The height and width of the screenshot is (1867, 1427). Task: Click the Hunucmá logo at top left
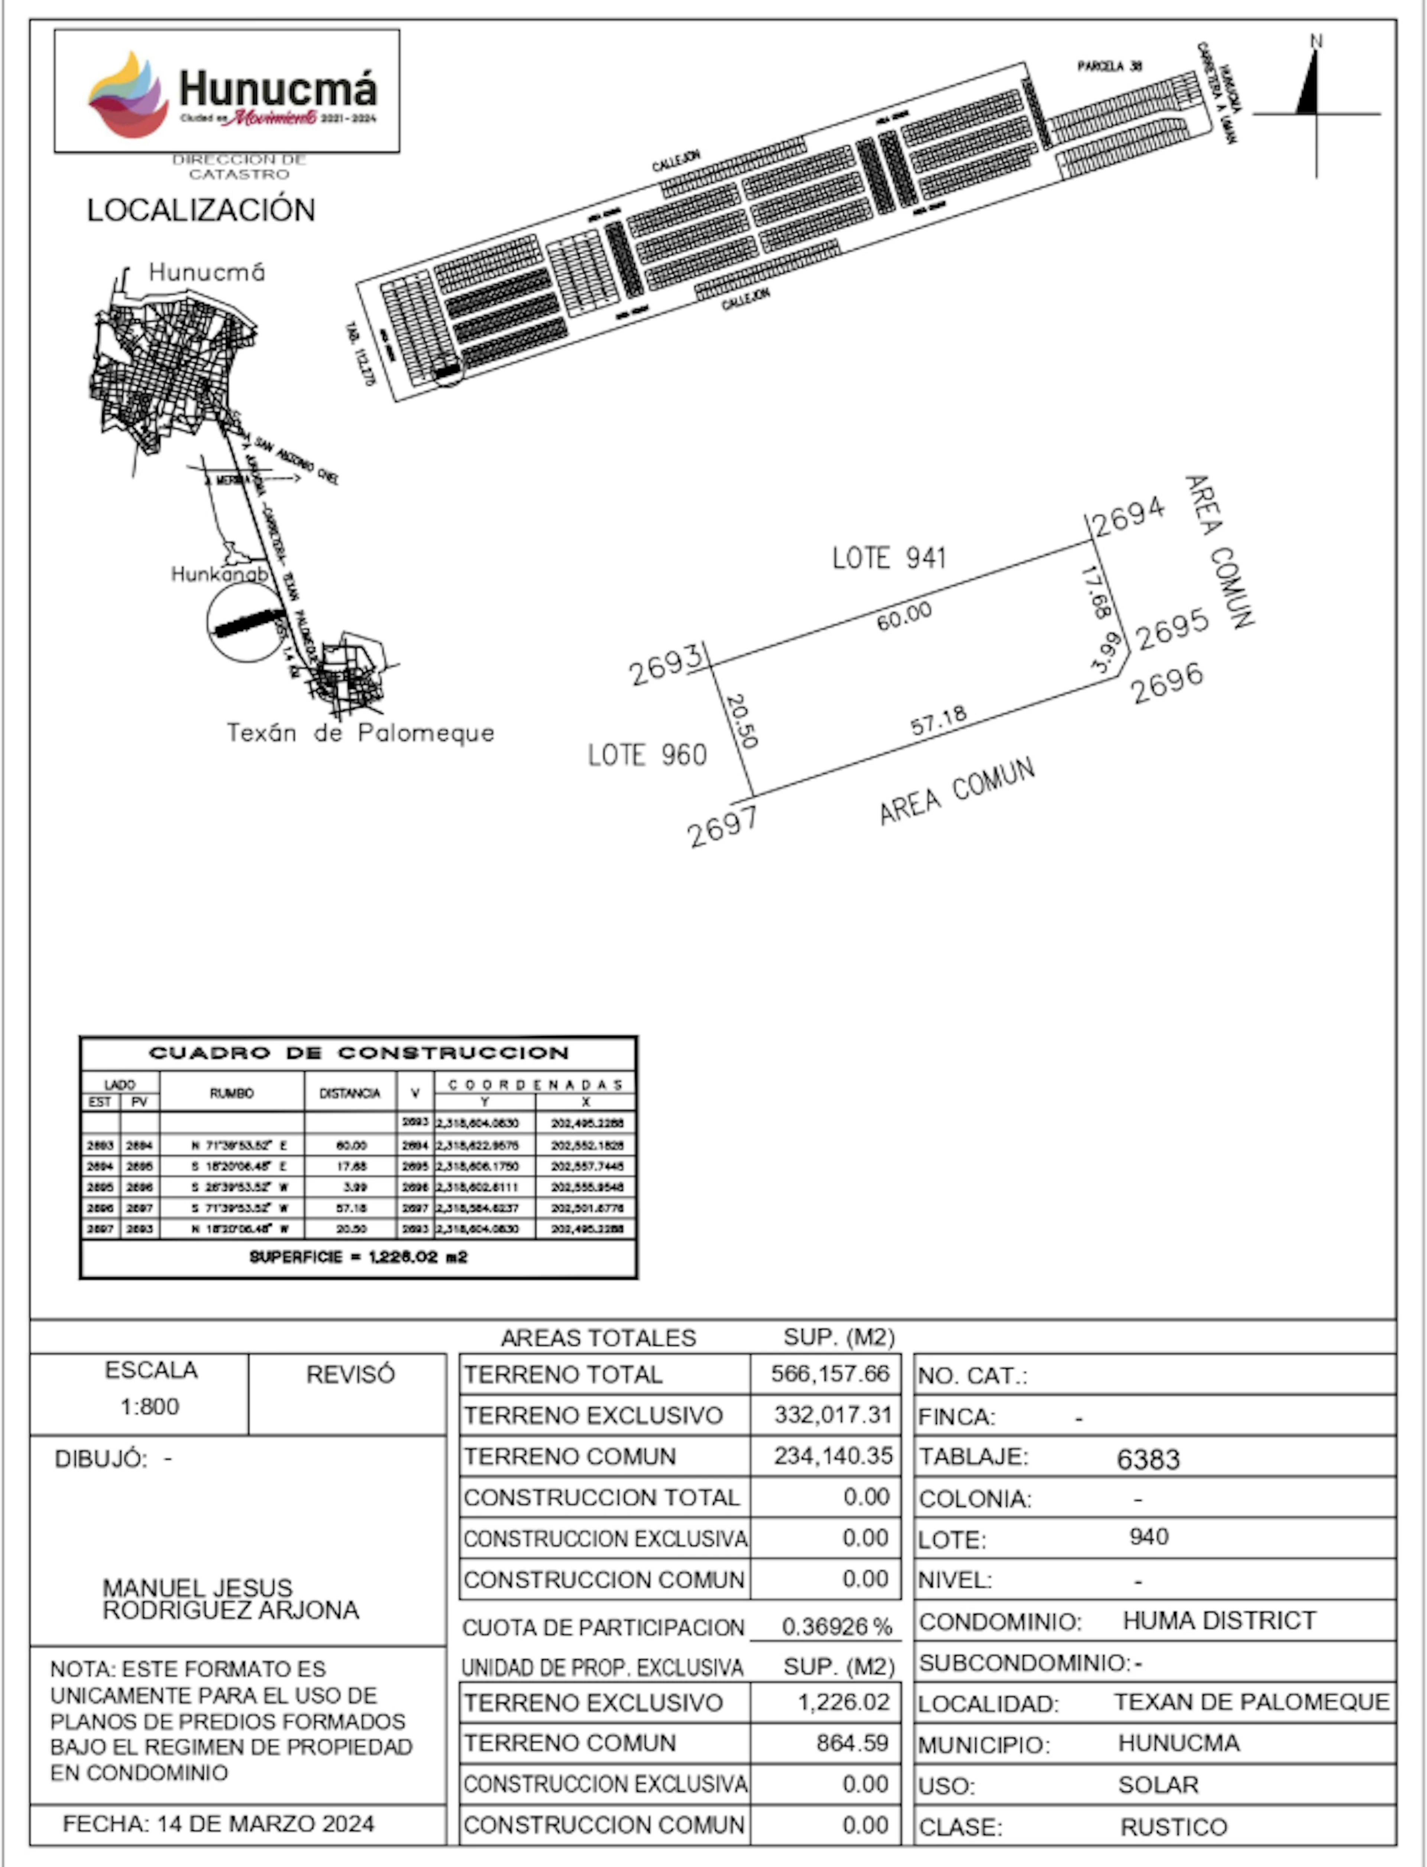tap(227, 92)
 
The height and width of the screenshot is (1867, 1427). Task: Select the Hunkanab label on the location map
tap(219, 574)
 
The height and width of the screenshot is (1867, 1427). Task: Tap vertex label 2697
tap(722, 826)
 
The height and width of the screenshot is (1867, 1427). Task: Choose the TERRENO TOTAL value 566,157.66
tap(830, 1373)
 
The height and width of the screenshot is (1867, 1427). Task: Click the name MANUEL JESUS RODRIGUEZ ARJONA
tap(230, 1599)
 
